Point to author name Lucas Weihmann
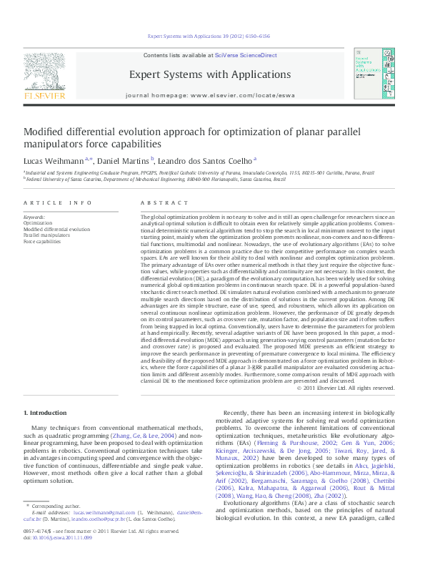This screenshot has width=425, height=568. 53,160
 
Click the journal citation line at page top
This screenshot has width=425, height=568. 209,35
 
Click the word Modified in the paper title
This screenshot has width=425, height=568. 46,132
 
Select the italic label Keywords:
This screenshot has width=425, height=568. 34,217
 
